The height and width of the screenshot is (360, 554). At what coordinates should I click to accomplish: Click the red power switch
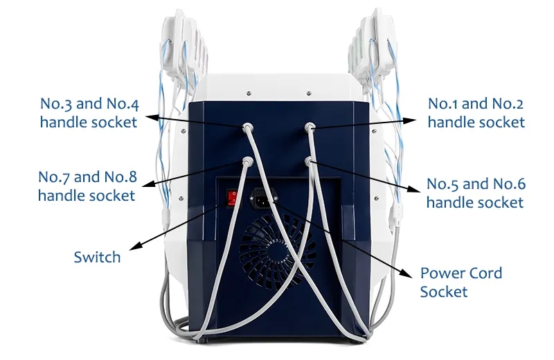coord(233,199)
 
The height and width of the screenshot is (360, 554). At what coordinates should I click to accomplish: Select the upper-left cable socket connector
coord(247,127)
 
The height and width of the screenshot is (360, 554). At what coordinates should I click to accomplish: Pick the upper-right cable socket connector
coord(311,127)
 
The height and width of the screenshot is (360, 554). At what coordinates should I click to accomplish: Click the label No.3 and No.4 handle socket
coord(88,114)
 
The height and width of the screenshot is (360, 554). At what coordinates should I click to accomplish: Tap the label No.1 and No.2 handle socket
coord(475,113)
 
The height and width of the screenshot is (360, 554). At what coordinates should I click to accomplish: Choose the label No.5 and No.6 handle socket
coord(475,193)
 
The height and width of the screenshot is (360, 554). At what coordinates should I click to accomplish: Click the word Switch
coord(97,257)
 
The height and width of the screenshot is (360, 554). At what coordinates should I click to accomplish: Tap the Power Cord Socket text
coord(461,282)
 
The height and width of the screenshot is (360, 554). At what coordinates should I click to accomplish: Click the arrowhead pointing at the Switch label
coord(135,246)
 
